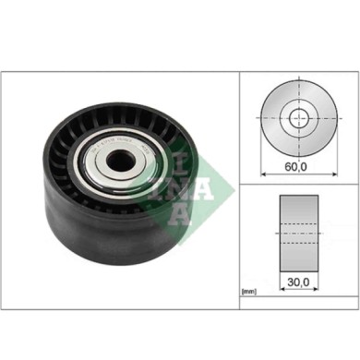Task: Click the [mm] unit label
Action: [248, 292]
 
